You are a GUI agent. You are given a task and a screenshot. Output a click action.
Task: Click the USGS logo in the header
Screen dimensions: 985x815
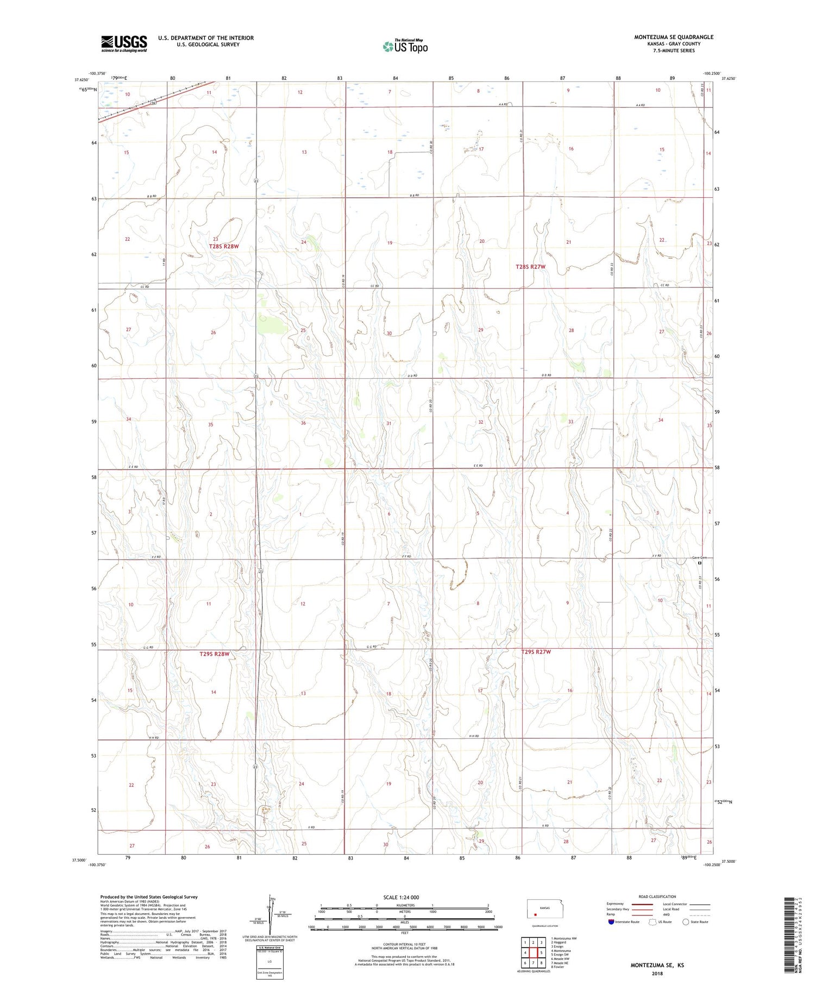coord(123,43)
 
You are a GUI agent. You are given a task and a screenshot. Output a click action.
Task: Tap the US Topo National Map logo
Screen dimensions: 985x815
coord(405,46)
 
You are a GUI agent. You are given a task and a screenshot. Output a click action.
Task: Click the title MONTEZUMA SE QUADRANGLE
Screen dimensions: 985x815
coord(673,37)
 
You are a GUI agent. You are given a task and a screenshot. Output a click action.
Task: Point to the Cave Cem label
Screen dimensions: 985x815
coord(700,558)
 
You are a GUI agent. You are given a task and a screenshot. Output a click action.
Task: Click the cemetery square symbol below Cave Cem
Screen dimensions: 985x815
coord(700,563)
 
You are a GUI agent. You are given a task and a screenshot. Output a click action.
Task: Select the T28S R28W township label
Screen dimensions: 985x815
coord(224,247)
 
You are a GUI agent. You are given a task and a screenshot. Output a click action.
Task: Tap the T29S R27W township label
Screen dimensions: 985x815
coord(536,651)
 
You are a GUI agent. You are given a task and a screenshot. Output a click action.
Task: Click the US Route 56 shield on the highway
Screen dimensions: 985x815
coord(154,102)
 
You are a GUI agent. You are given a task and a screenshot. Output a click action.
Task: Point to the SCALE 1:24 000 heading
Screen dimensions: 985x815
coord(401,897)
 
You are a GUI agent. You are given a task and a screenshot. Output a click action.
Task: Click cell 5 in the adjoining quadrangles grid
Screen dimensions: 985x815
coord(541,952)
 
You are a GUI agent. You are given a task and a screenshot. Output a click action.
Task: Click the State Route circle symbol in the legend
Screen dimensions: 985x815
coord(686,922)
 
